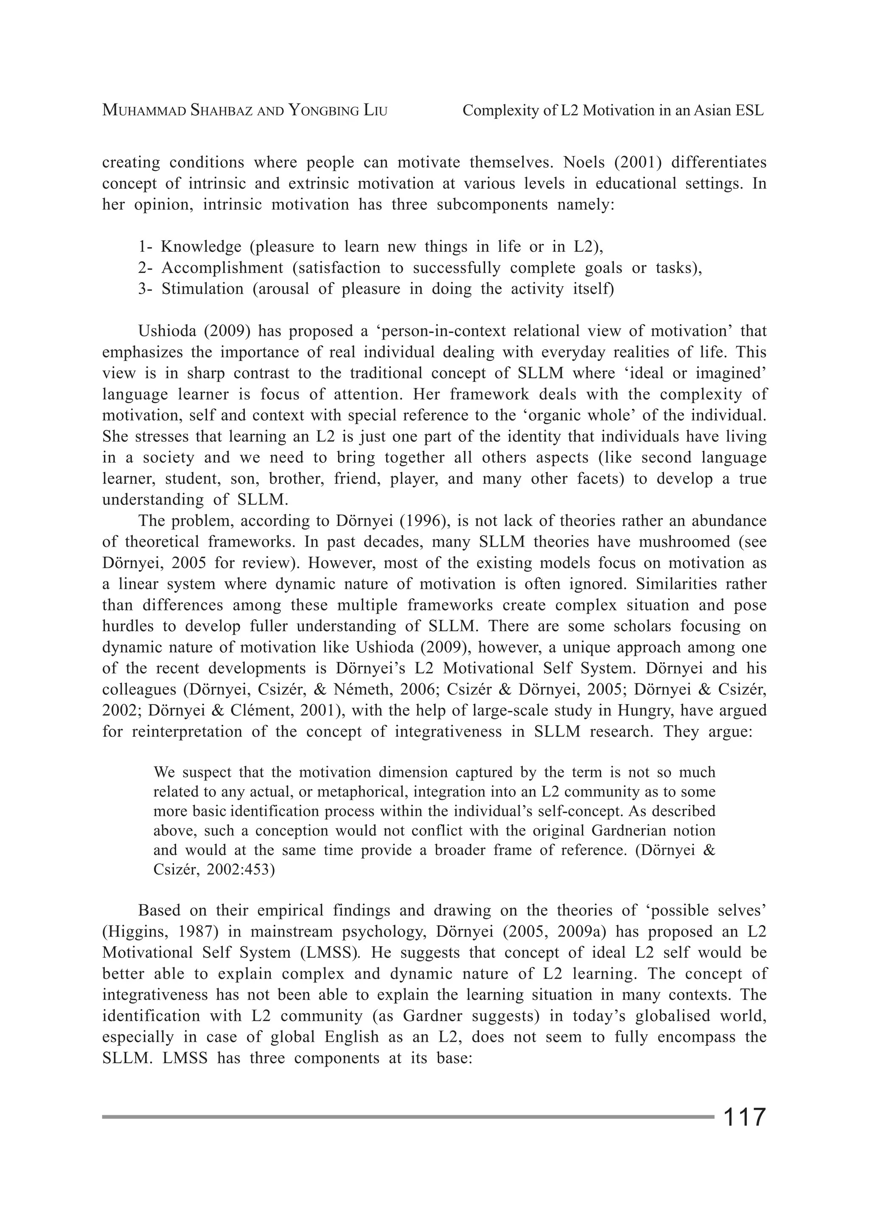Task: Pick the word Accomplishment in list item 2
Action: (x=222, y=267)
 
